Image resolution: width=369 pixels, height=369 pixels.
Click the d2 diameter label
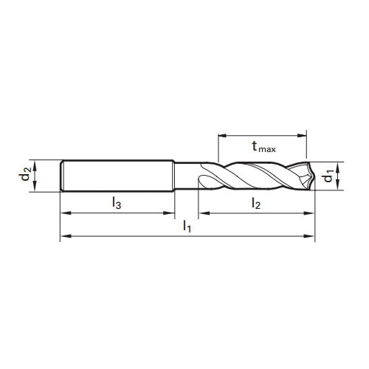pyautogui.click(x=26, y=175)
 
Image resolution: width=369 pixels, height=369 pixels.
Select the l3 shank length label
pyautogui.click(x=116, y=201)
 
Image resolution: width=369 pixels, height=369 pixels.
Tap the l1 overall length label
pyautogui.click(x=187, y=227)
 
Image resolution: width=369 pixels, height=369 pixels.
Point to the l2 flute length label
pyautogui.click(x=255, y=201)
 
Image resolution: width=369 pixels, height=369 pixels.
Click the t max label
pyautogui.click(x=263, y=146)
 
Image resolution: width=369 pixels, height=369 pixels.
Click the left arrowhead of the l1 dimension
pyautogui.click(x=63, y=236)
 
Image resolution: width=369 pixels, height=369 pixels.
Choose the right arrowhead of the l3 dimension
pyautogui.click(x=170, y=213)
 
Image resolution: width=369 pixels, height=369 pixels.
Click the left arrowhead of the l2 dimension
pyautogui.click(x=202, y=213)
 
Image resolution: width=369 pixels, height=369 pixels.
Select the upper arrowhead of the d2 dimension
pyautogui.click(x=36, y=164)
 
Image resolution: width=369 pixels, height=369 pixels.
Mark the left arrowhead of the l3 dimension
pyautogui.click(x=63, y=213)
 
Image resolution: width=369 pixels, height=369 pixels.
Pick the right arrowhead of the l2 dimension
pyautogui.click(x=311, y=213)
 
